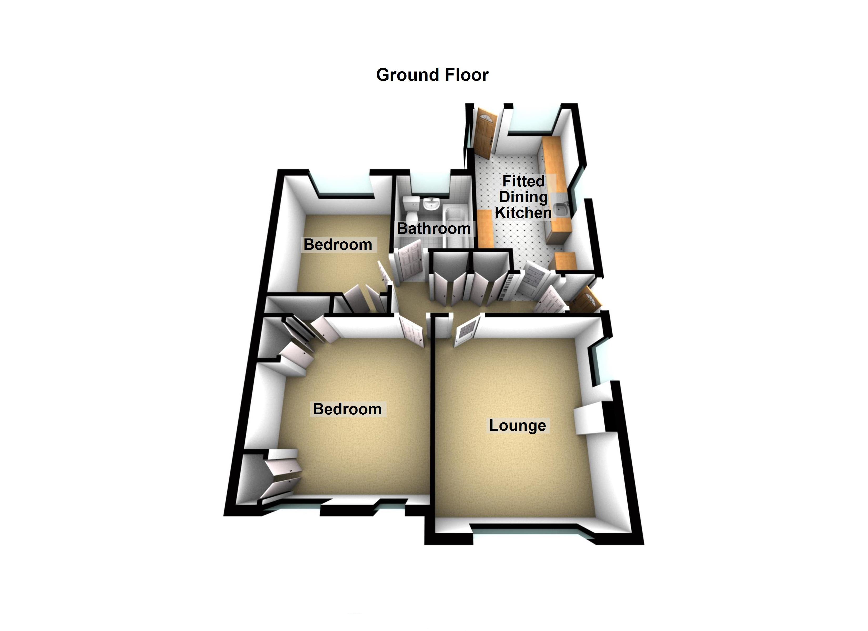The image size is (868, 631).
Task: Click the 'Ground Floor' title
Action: [432, 75]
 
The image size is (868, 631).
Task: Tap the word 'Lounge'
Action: [517, 425]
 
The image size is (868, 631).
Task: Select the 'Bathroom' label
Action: [434, 228]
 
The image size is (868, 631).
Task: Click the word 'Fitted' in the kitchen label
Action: [523, 181]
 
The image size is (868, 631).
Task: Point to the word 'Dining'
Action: [523, 197]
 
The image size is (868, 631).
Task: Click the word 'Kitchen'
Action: [523, 213]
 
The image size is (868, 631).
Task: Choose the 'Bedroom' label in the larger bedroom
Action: [347, 409]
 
